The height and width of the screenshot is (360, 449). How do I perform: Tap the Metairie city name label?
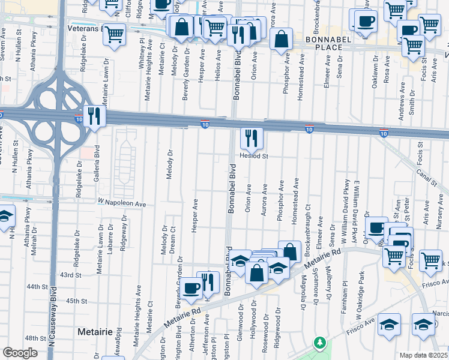tap(95, 331)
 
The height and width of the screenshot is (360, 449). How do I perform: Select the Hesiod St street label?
tap(253, 155)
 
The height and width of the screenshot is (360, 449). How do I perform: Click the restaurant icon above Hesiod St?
tap(252, 139)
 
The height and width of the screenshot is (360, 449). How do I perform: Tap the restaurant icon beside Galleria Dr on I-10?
tap(94, 116)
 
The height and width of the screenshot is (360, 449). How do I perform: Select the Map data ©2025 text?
tap(423, 355)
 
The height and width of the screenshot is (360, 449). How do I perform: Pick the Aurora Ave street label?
tap(264, 204)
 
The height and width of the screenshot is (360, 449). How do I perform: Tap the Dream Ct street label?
tap(172, 239)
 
